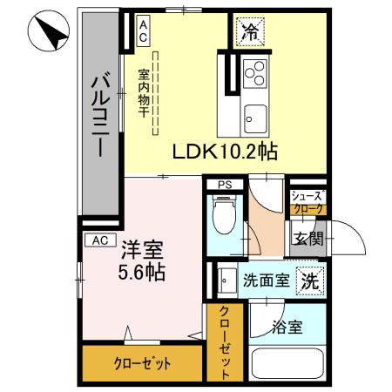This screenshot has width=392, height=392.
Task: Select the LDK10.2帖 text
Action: click(x=224, y=152)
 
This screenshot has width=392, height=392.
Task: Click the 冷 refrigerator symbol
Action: click(x=249, y=33)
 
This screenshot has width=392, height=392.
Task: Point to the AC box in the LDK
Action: click(x=144, y=31)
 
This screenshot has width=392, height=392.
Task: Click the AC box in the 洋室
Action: click(x=98, y=239)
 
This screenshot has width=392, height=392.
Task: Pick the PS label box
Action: click(x=224, y=185)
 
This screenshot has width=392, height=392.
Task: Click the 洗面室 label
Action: click(x=265, y=280)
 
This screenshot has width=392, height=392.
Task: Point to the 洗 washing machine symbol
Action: click(x=308, y=280)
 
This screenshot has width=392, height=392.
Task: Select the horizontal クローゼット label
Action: click(x=140, y=363)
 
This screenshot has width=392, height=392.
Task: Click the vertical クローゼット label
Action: click(x=224, y=341)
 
